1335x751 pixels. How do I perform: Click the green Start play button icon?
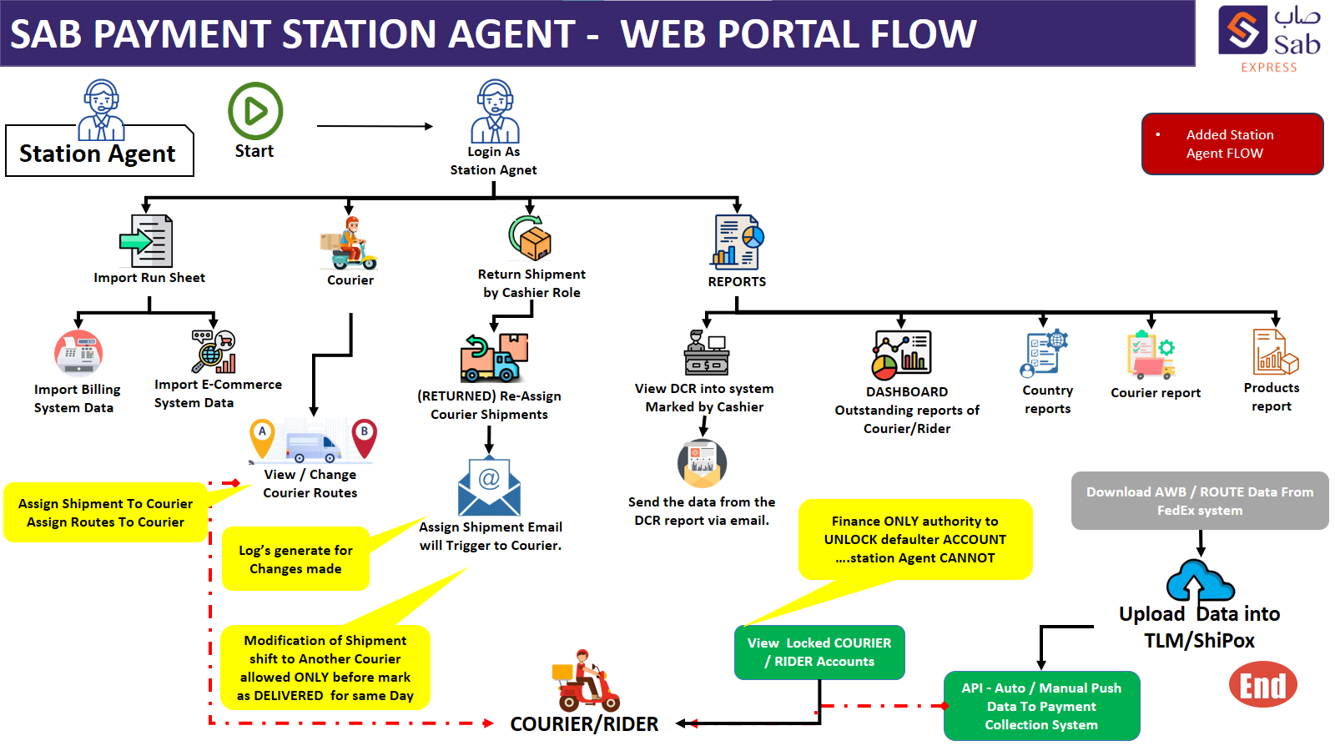point(255,111)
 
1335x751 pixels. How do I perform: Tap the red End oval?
point(1262,685)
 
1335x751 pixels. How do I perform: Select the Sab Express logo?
point(1269,38)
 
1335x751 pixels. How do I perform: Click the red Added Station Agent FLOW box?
point(1232,144)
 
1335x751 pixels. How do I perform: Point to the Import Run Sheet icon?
point(146,242)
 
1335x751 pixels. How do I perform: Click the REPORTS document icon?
point(738,242)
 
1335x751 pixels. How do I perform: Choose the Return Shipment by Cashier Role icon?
point(531,238)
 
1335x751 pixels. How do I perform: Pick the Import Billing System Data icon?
point(78,353)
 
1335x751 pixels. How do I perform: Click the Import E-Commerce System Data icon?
point(214,351)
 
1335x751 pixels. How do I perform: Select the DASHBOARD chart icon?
point(901,355)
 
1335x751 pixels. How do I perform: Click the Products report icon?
point(1274,352)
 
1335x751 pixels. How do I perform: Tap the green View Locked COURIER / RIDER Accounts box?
point(819,652)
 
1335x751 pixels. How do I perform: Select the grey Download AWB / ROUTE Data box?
point(1199,501)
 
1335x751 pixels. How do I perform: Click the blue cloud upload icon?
point(1199,581)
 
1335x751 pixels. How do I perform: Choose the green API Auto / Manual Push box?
point(1040,706)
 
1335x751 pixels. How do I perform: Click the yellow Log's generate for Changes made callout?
point(295,559)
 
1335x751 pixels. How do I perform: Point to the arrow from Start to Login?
point(375,127)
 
